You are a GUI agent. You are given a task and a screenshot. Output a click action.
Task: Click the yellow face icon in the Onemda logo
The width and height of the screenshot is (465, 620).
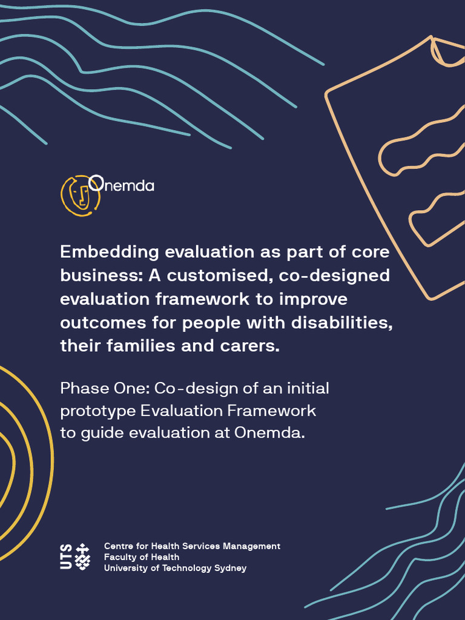[x=77, y=196]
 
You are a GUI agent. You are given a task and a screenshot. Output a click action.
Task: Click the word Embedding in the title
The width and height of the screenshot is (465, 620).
[x=110, y=252]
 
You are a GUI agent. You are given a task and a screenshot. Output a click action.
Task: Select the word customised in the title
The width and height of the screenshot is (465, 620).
[x=213, y=275]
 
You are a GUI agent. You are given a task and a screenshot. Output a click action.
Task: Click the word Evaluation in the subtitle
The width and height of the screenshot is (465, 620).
[x=181, y=411]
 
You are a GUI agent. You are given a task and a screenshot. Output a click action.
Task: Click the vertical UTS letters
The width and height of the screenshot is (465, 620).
[x=66, y=556]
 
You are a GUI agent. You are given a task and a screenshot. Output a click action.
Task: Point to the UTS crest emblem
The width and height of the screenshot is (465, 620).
[x=83, y=556]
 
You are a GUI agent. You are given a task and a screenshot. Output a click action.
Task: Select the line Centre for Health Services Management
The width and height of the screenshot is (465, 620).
[x=192, y=546]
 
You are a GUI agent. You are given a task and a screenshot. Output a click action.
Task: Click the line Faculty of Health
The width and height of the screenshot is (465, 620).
[x=142, y=557]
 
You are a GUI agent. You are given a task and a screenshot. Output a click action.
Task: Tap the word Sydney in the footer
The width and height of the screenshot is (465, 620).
[x=230, y=568]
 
